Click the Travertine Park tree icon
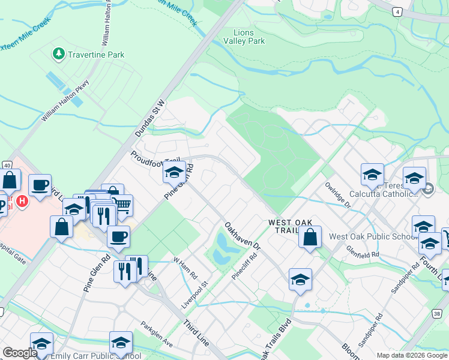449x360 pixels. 58,55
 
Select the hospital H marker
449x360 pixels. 22,201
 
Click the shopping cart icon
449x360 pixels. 122,205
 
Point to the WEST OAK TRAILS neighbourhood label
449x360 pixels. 291,223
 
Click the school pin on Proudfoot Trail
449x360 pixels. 174,173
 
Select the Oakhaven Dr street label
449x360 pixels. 243,236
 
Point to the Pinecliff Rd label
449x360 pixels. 244,264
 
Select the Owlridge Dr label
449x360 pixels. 338,195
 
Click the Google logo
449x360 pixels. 20,353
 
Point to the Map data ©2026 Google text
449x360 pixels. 411,355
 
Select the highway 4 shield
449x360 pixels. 397,11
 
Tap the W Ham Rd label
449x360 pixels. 185,268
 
